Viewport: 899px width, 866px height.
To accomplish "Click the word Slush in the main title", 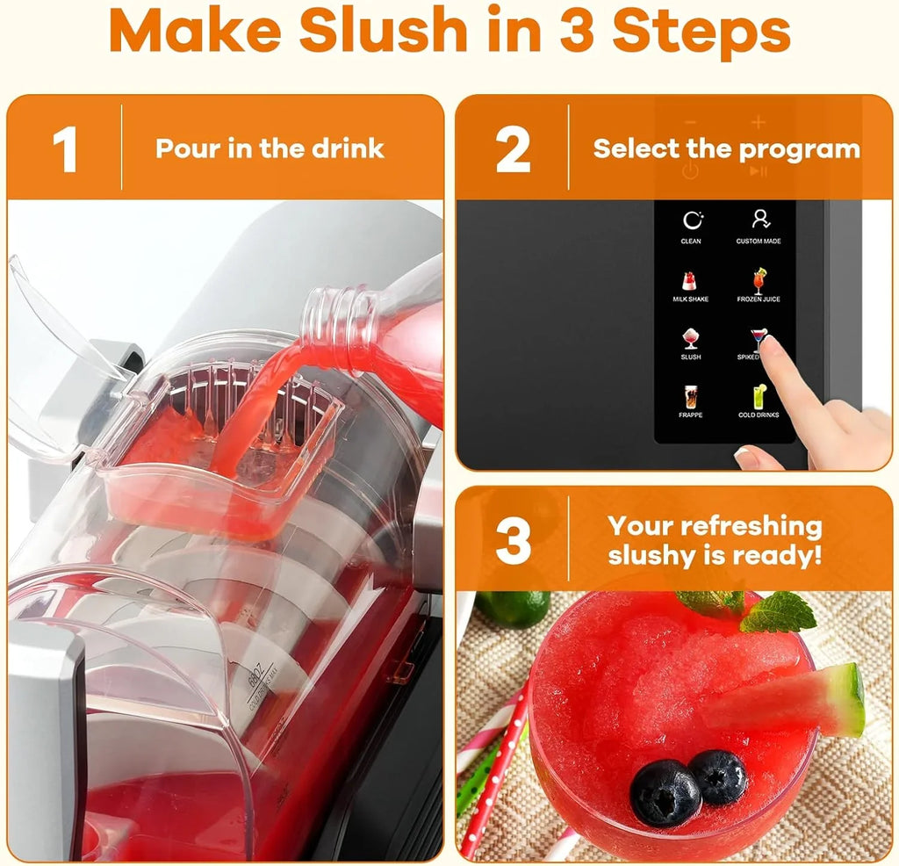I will [384, 32].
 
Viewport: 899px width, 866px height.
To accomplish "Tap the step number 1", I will [65, 149].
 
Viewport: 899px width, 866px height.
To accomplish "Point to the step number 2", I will [513, 149].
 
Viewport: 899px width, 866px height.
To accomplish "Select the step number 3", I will [513, 541].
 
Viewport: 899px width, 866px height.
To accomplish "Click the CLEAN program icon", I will [691, 221].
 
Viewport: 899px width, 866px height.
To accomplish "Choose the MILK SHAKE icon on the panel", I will [690, 281].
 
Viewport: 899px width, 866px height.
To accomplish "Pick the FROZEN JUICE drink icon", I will [759, 280].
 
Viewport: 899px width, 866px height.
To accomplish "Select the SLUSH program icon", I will [691, 339].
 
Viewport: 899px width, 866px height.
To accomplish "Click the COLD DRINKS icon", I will [759, 397].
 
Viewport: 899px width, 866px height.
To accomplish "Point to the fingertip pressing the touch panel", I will [769, 345].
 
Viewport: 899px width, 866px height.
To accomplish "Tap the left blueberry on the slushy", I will [665, 792].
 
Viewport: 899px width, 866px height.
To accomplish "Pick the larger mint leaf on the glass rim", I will [780, 612].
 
